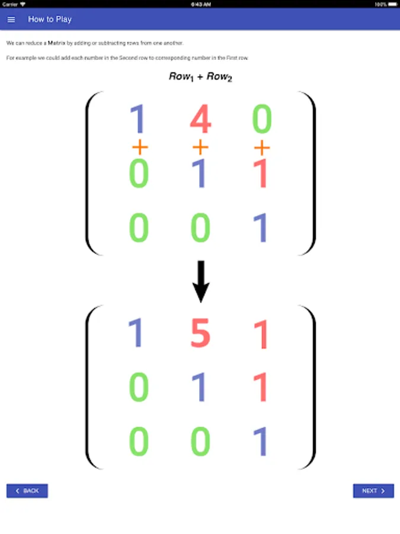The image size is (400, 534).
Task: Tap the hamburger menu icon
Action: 11,20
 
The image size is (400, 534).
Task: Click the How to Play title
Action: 50,20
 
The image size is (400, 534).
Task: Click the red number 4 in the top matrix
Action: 201,119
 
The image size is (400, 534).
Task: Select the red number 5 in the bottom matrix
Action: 201,332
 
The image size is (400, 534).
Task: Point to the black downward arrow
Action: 201,281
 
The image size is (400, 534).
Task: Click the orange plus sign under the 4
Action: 200,147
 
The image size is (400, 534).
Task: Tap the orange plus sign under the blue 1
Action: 140,147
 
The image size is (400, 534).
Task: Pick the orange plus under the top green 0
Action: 261,148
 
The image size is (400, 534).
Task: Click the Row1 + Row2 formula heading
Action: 200,77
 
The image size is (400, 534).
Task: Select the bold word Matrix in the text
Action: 56,43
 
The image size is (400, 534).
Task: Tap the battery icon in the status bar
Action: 392,4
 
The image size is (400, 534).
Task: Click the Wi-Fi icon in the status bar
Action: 23,4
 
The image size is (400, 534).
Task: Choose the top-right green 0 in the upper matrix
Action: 262,119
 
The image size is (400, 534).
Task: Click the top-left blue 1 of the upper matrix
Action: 138,119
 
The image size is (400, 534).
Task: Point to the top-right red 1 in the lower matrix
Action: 261,335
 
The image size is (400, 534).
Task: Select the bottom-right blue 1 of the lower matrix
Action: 261,441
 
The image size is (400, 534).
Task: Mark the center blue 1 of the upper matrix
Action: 199,173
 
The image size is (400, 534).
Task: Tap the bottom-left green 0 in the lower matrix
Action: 139,441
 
